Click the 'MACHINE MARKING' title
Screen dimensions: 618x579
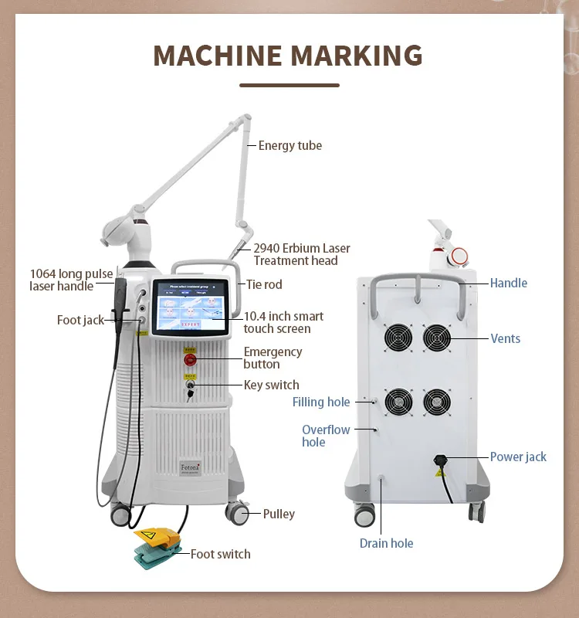pyautogui.click(x=288, y=56)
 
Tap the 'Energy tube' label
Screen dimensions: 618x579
pyautogui.click(x=289, y=145)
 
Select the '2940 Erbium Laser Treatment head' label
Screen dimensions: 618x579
pyautogui.click(x=302, y=254)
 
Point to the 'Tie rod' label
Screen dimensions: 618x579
pyautogui.click(x=264, y=284)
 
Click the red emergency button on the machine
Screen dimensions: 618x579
pyautogui.click(x=189, y=359)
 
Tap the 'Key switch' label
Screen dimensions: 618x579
pyautogui.click(x=271, y=385)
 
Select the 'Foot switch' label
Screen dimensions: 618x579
pyautogui.click(x=220, y=553)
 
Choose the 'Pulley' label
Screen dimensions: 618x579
pyautogui.click(x=279, y=514)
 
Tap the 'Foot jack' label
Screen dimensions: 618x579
pyautogui.click(x=80, y=320)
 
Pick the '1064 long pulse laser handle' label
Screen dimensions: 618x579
pyautogui.click(x=71, y=280)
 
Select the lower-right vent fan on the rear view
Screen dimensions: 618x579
pyautogui.click(x=436, y=402)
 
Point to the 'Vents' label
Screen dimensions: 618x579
pyautogui.click(x=506, y=338)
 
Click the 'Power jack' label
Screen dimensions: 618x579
pyautogui.click(x=518, y=457)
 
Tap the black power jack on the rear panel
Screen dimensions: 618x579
pyautogui.click(x=441, y=462)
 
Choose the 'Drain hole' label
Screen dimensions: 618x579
pyautogui.click(x=386, y=543)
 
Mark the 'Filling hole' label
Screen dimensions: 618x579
pyautogui.click(x=321, y=402)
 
